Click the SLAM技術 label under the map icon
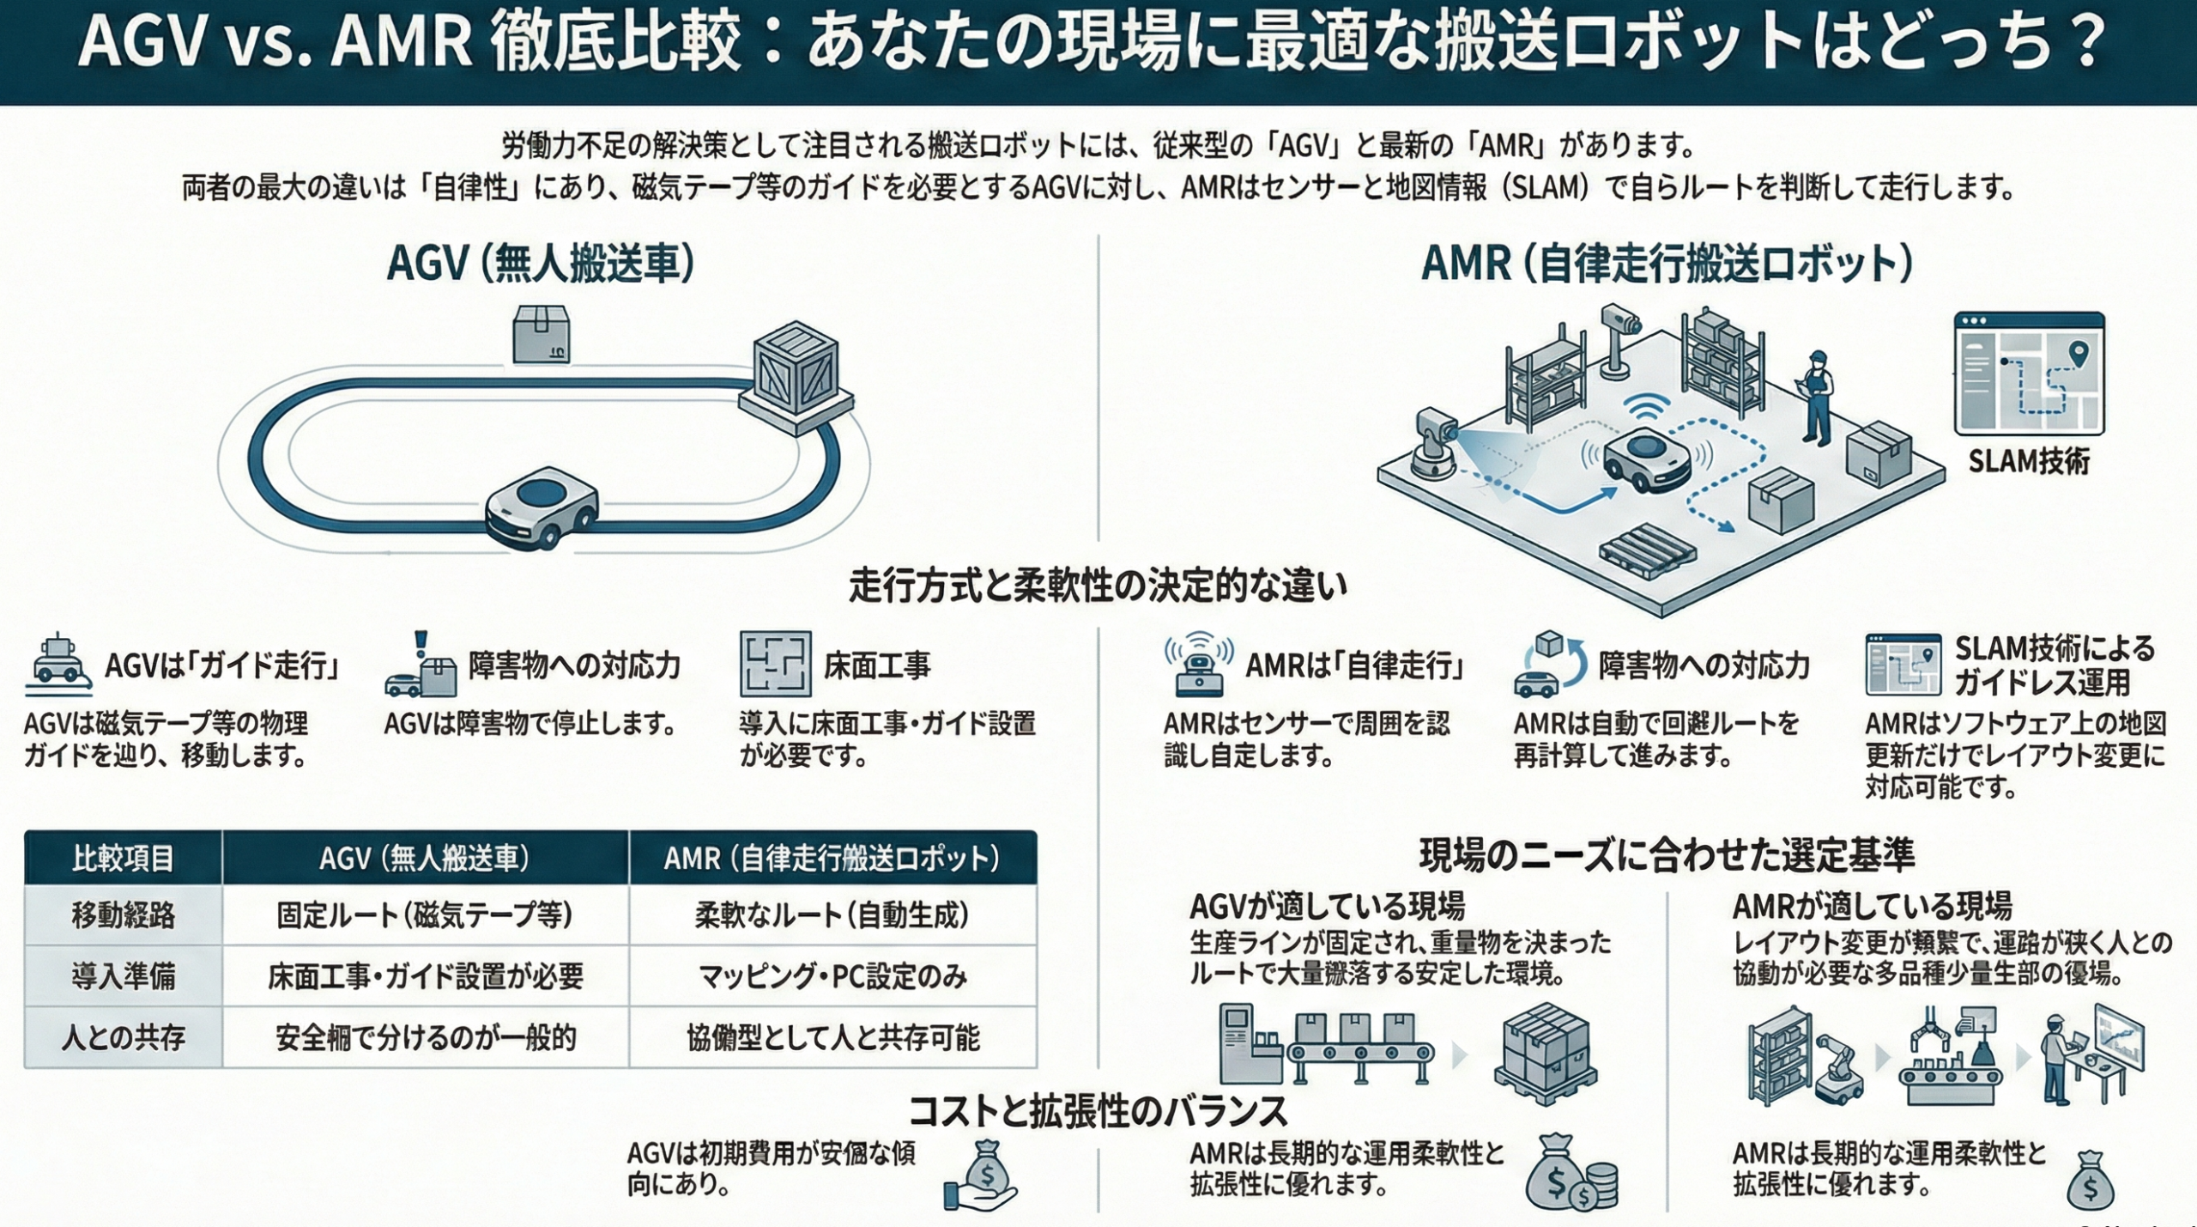coord(2028,461)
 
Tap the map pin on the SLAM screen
coord(2077,352)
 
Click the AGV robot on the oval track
coord(541,506)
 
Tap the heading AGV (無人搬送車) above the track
coord(541,263)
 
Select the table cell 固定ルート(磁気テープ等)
coord(425,915)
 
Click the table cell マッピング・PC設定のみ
coord(832,976)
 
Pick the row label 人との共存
coord(124,1038)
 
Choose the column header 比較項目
coord(124,858)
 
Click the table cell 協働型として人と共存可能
coord(832,1038)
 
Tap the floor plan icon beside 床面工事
coord(775,664)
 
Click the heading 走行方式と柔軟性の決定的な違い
coord(1098,586)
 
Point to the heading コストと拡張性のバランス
coord(1098,1111)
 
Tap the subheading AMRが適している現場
coord(1872,907)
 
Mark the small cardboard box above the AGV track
coord(541,334)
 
